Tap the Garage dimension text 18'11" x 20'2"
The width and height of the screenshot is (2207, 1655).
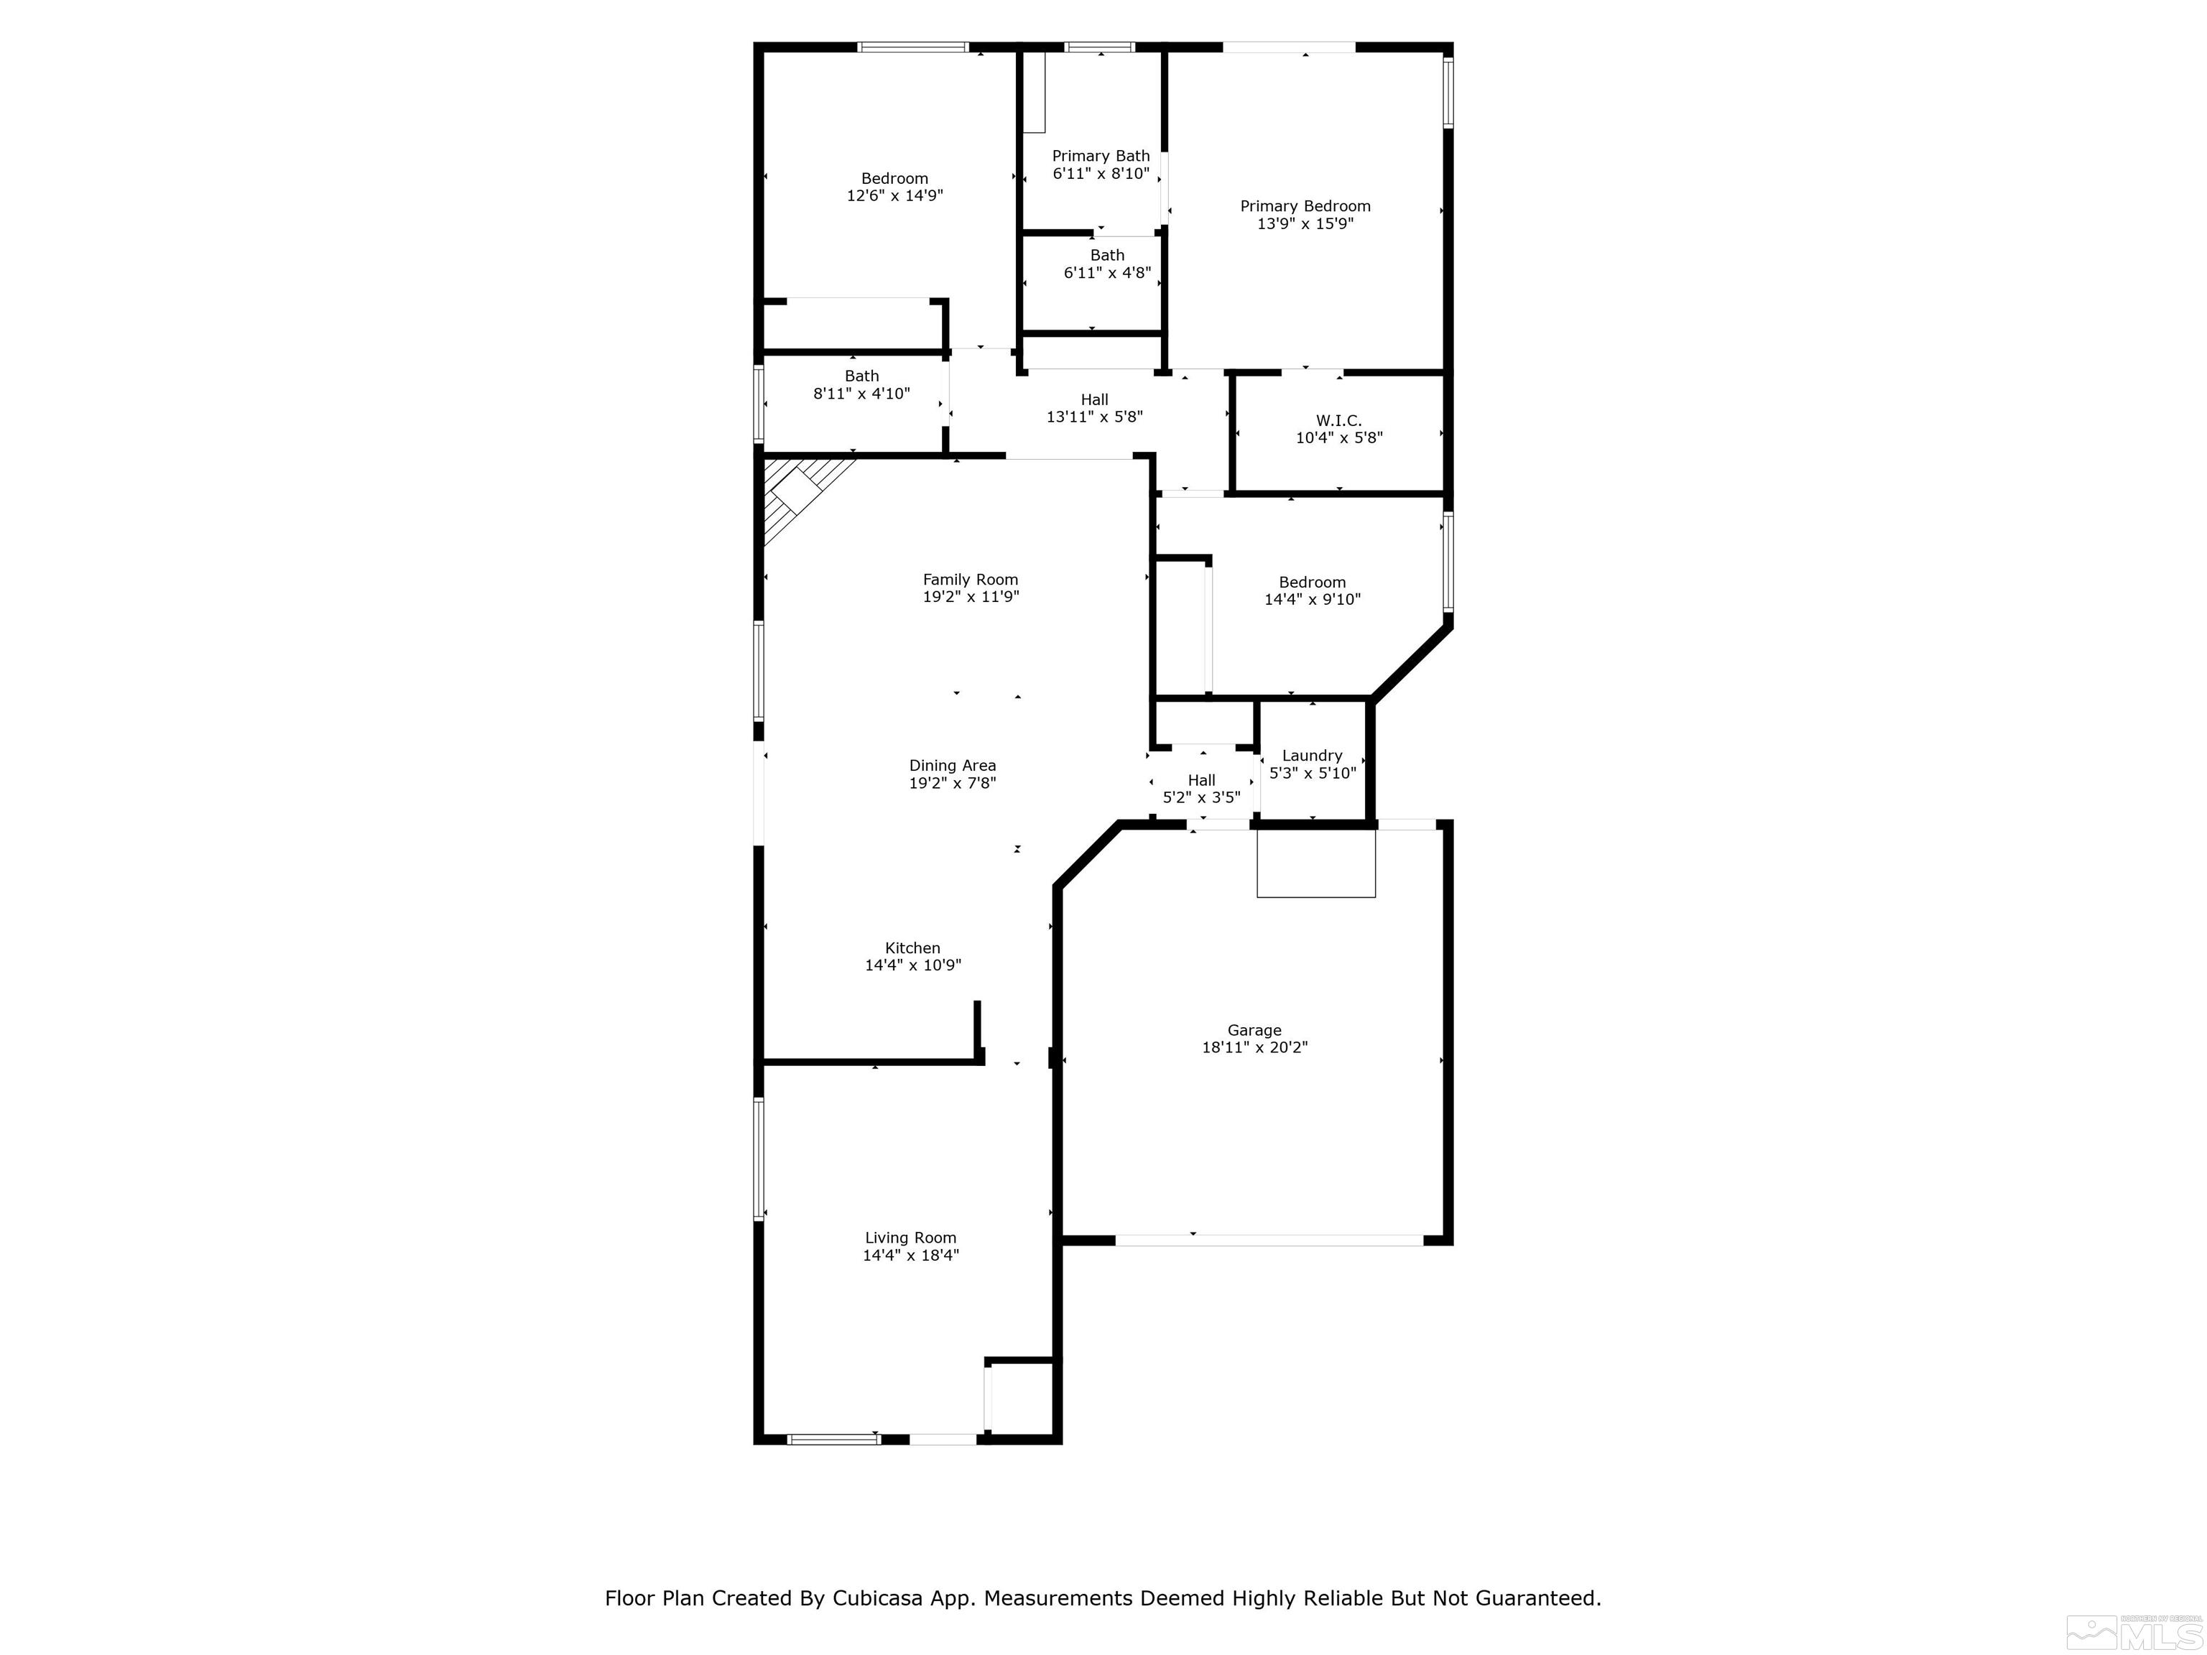point(1254,1047)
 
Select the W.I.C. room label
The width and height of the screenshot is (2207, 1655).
point(1338,421)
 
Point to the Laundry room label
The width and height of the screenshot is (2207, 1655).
point(1311,756)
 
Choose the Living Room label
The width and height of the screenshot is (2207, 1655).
point(910,1238)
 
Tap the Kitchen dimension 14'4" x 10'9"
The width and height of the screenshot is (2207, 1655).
point(912,965)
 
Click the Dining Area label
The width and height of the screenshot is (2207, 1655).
point(952,766)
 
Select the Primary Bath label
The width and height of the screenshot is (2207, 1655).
point(1101,156)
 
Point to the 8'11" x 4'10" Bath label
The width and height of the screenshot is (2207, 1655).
point(861,385)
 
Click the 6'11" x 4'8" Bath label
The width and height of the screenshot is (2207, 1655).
point(1106,264)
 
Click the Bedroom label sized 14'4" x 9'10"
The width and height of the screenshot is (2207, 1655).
point(1312,590)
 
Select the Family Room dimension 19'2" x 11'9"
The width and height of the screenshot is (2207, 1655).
point(970,596)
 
